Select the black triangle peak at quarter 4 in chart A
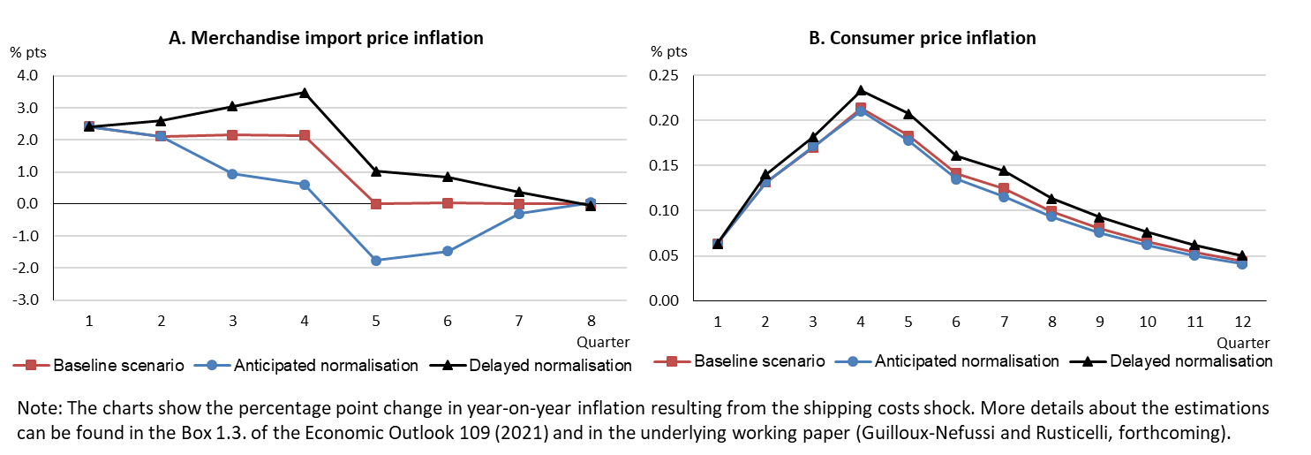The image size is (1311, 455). (x=305, y=92)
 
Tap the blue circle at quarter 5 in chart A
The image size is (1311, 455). (x=376, y=261)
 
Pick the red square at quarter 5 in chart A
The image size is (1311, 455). (x=376, y=204)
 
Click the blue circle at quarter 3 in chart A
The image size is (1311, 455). (x=232, y=173)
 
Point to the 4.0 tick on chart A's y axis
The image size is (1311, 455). (x=27, y=76)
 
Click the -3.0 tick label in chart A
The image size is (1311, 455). (x=27, y=300)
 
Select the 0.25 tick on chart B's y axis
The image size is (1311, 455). (x=665, y=76)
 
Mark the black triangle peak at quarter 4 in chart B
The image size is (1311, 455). (x=861, y=90)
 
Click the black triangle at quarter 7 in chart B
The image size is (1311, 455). (x=1004, y=171)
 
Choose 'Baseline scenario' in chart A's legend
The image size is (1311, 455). (x=118, y=365)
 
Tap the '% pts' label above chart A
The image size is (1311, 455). (x=27, y=51)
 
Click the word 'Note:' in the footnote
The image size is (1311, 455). (x=37, y=411)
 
